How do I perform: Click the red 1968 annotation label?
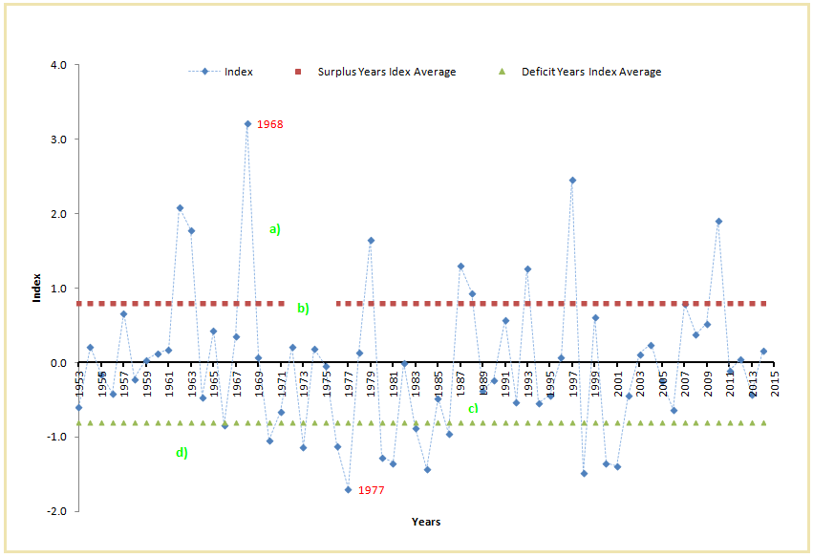coord(270,124)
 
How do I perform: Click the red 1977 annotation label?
coord(371,490)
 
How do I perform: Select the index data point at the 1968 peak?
coord(247,124)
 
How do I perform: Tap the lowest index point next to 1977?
coord(348,490)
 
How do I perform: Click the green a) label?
coord(275,229)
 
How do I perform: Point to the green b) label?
coord(303,309)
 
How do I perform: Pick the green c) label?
coord(473,409)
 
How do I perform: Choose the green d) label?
coord(182,453)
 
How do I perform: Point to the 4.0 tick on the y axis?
coord(59,66)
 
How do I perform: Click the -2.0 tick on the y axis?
coord(57,511)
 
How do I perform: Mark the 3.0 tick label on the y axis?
coord(59,139)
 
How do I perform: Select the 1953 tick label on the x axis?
coord(80,380)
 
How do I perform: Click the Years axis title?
coord(426,522)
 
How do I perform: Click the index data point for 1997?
coord(572,180)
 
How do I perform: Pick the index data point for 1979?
coord(371,241)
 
